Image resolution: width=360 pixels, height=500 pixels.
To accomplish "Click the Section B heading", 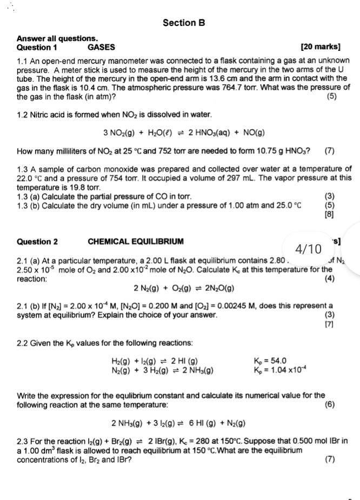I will [x=184, y=23].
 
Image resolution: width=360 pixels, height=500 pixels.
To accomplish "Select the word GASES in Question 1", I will [x=101, y=47].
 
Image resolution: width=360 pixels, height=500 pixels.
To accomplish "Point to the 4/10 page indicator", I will [x=308, y=249].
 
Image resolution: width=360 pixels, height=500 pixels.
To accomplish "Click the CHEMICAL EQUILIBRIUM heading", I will [x=135, y=242].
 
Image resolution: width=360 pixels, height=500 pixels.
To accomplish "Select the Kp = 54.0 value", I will [x=270, y=361].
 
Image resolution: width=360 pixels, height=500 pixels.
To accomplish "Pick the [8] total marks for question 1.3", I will [x=328, y=214].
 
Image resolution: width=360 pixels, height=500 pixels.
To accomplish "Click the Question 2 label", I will [x=37, y=242].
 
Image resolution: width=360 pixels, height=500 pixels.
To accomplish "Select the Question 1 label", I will [x=37, y=47].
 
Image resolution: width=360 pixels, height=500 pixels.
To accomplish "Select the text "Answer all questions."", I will [x=57, y=39].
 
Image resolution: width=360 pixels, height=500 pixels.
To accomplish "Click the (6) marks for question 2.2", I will [x=330, y=404].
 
